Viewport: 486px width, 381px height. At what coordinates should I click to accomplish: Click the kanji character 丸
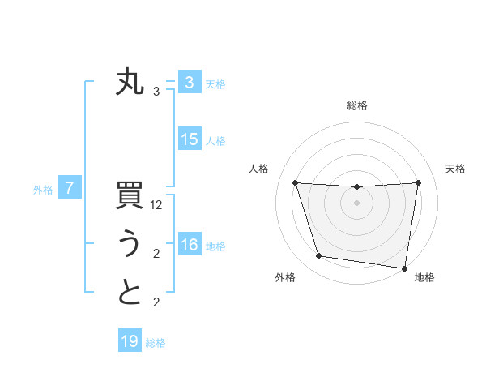[130, 83]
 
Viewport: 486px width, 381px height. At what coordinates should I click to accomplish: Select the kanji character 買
[130, 199]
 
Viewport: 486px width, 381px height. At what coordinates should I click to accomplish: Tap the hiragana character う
[130, 245]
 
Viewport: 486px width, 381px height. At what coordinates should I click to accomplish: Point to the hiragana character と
[130, 293]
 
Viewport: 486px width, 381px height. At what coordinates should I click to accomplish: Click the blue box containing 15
[190, 139]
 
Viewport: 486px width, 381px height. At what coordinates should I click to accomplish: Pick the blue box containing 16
[190, 245]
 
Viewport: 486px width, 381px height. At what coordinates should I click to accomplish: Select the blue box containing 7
[70, 189]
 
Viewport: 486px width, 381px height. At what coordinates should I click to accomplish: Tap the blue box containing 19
[130, 341]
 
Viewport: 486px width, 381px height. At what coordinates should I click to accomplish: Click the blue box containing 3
[190, 83]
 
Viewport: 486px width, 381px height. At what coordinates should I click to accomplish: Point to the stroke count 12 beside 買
[156, 206]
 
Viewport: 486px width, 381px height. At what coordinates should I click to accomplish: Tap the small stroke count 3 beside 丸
[156, 92]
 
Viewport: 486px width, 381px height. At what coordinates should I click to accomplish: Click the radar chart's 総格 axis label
[357, 105]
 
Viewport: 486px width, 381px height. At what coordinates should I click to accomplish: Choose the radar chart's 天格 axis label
[456, 169]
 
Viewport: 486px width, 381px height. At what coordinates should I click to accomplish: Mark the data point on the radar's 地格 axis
[403, 268]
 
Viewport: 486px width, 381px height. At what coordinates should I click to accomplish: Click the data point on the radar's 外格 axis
[319, 256]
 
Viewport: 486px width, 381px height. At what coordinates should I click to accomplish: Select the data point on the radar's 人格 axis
[296, 183]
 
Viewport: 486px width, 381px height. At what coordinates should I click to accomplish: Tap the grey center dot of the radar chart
[357, 203]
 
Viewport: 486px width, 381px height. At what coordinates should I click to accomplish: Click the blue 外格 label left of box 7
[43, 190]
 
